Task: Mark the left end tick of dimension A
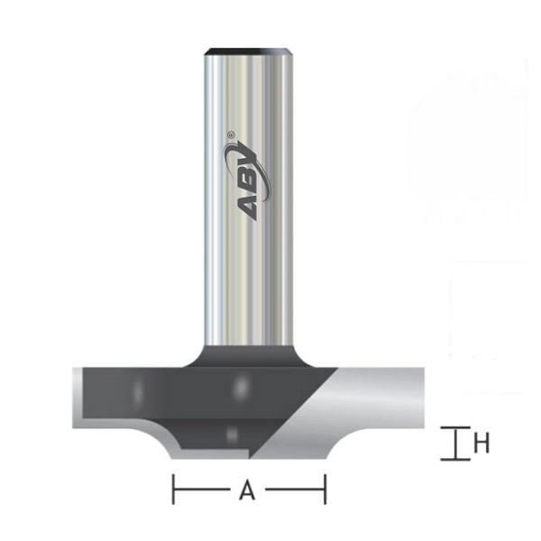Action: tap(172, 491)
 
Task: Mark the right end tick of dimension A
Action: tap(324, 491)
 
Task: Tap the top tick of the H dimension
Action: tap(454, 431)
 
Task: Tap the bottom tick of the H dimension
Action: tap(454, 458)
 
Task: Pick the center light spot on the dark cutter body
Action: tap(239, 387)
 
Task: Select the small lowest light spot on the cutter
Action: tap(232, 433)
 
